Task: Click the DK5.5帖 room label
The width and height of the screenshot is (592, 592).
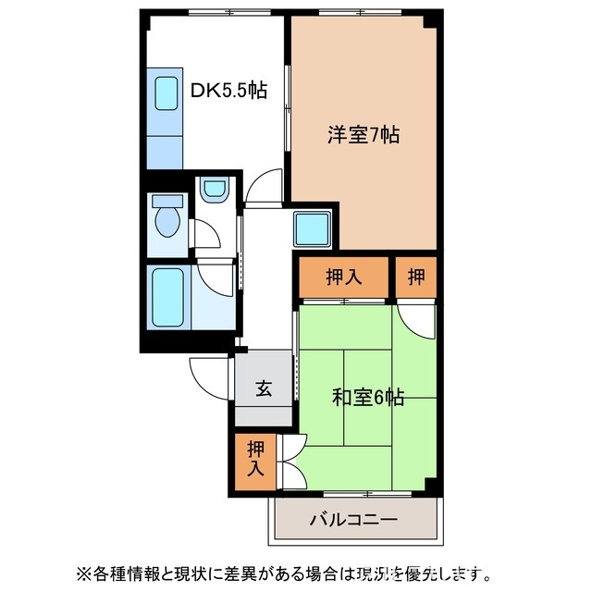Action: (228, 91)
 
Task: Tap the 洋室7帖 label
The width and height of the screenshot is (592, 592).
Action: (363, 135)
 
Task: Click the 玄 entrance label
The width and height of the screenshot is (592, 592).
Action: (264, 389)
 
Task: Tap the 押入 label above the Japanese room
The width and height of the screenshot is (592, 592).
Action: (343, 276)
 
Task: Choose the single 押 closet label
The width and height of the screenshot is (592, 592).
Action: (417, 276)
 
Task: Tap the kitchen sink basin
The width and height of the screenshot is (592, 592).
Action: (166, 92)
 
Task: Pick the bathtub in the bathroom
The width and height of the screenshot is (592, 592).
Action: (168, 296)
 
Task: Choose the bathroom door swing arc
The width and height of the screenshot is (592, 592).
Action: (217, 276)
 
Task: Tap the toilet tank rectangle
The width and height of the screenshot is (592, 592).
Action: (167, 200)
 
